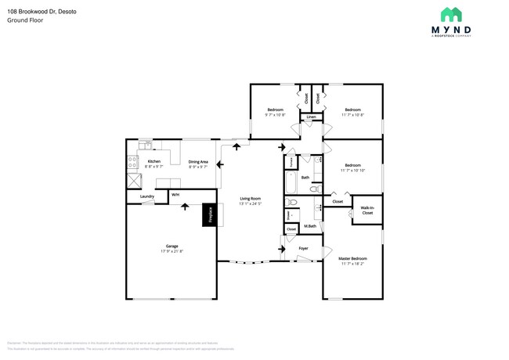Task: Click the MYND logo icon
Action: point(451,15)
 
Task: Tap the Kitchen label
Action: point(153,162)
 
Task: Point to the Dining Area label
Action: point(197,162)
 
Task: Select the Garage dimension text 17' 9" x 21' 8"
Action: point(171,251)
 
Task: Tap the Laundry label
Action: point(146,196)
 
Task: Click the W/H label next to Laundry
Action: point(175,194)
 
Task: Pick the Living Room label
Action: point(250,199)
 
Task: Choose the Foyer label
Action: point(303,248)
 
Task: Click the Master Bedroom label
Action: point(352,258)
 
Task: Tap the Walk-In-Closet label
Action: point(366,211)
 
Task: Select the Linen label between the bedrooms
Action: point(311,117)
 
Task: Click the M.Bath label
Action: point(309,226)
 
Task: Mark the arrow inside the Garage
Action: point(185,207)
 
